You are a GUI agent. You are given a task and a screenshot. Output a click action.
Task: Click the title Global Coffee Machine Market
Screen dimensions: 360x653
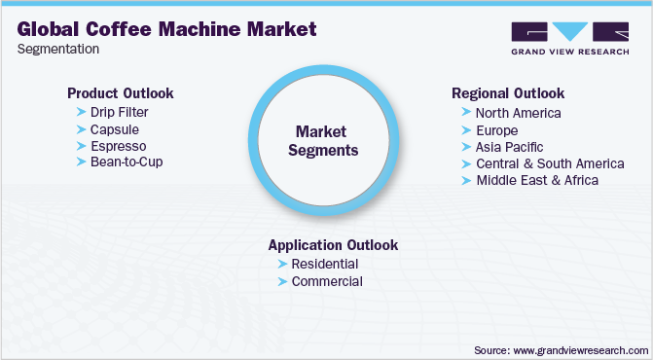tap(166, 29)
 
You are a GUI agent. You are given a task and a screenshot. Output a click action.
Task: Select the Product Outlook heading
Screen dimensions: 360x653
tap(120, 93)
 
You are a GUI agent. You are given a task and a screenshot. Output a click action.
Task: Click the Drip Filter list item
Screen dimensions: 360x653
tap(120, 112)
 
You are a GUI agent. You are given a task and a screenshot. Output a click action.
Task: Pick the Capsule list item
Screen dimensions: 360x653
tap(116, 128)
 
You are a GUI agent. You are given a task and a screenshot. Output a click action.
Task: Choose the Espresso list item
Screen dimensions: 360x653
tap(119, 145)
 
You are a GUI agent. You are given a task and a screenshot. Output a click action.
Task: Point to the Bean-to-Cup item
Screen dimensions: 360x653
tap(127, 162)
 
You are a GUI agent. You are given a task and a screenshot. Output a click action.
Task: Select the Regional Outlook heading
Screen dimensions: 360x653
tap(508, 93)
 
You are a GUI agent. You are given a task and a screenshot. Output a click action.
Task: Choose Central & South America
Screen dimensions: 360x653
tap(550, 162)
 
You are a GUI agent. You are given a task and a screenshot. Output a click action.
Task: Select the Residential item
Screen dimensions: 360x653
tap(324, 264)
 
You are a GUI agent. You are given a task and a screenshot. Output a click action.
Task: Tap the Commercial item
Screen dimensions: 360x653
tap(327, 281)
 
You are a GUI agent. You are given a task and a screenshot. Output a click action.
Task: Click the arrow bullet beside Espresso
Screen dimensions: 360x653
tap(81, 145)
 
